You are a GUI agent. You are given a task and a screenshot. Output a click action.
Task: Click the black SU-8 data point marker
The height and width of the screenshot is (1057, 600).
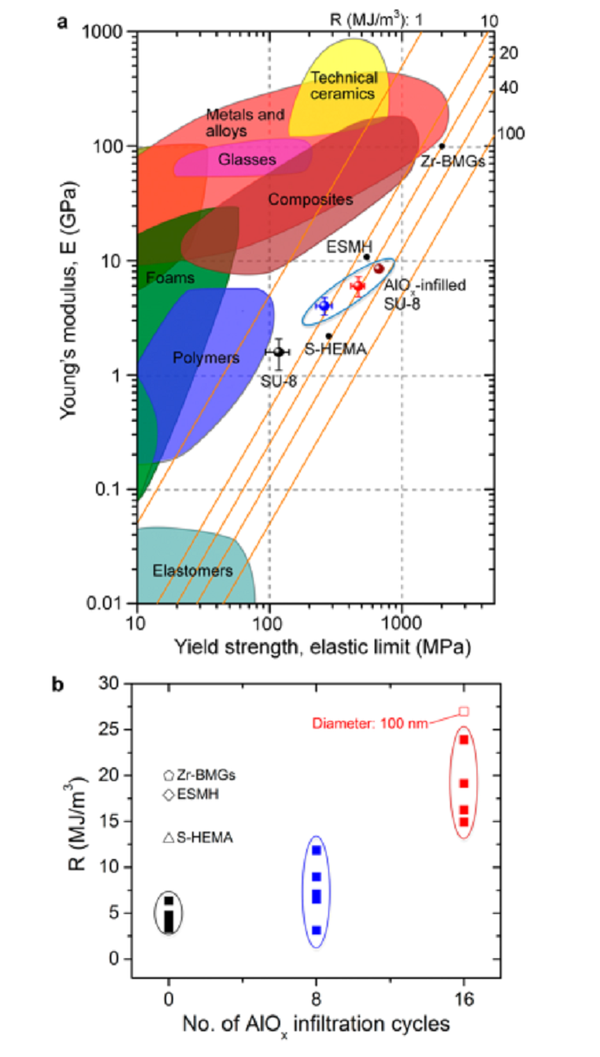(279, 351)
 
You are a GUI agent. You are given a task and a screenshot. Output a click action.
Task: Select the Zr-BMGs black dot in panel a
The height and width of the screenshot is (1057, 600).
(442, 146)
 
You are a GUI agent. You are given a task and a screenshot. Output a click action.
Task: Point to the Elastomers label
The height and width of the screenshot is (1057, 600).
(180, 570)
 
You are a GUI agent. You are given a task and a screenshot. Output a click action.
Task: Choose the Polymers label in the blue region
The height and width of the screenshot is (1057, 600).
(206, 357)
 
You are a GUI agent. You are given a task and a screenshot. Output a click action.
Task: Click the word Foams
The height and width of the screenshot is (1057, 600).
(170, 279)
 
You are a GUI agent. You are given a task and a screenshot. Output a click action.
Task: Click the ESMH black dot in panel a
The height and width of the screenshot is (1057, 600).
(366, 256)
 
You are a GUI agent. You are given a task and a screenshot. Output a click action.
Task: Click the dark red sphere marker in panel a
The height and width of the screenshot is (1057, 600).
(378, 268)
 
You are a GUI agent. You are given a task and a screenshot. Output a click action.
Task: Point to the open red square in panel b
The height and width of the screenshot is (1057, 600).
(464, 712)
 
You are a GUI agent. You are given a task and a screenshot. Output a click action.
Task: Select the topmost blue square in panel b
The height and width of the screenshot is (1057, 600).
(316, 850)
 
